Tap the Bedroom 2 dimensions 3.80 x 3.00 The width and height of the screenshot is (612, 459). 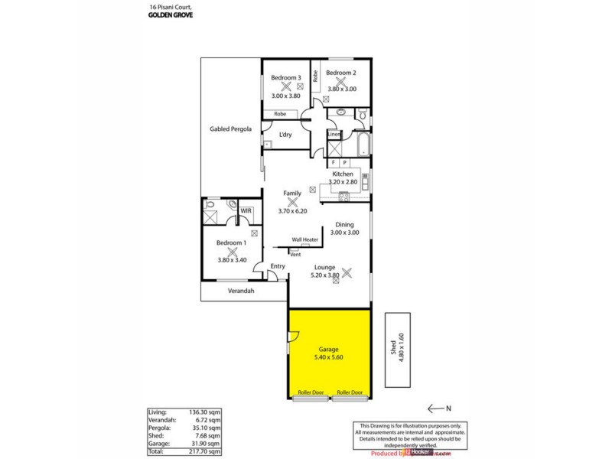[x=342, y=89]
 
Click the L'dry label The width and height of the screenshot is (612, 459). [x=285, y=135]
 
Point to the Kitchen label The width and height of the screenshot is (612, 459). [x=342, y=174]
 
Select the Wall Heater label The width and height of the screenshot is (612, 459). [x=304, y=239]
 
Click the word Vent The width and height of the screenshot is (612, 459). [x=295, y=254]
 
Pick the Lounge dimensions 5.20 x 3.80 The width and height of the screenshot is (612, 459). [x=324, y=275]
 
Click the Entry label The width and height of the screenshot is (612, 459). [x=277, y=266]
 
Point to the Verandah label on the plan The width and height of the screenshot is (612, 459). [x=241, y=291]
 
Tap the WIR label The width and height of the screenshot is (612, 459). [x=246, y=210]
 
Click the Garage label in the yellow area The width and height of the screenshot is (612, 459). [x=328, y=350]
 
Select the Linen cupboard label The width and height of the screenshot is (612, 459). [x=334, y=135]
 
